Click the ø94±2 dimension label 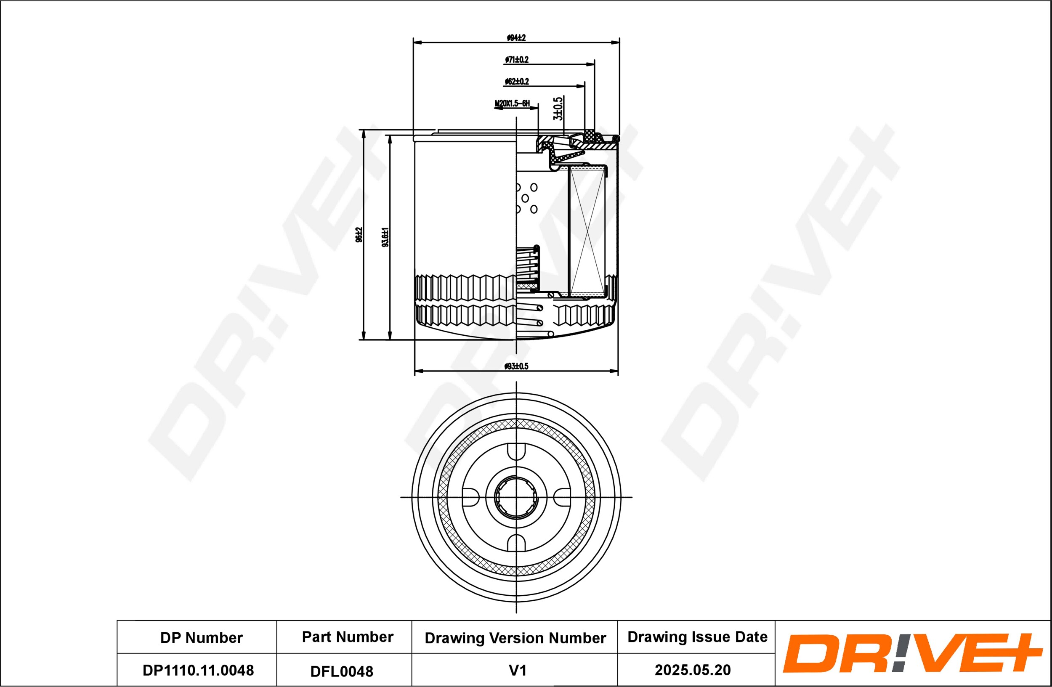coord(516,37)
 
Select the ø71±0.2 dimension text coord(517,59)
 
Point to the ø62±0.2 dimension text coord(517,81)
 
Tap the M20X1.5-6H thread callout coord(512,103)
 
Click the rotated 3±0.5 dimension coord(558,109)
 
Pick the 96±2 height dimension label coord(359,235)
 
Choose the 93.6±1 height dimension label coord(385,237)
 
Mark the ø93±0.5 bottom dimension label coord(516,366)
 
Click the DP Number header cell coord(202,637)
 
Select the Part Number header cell coord(348,637)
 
